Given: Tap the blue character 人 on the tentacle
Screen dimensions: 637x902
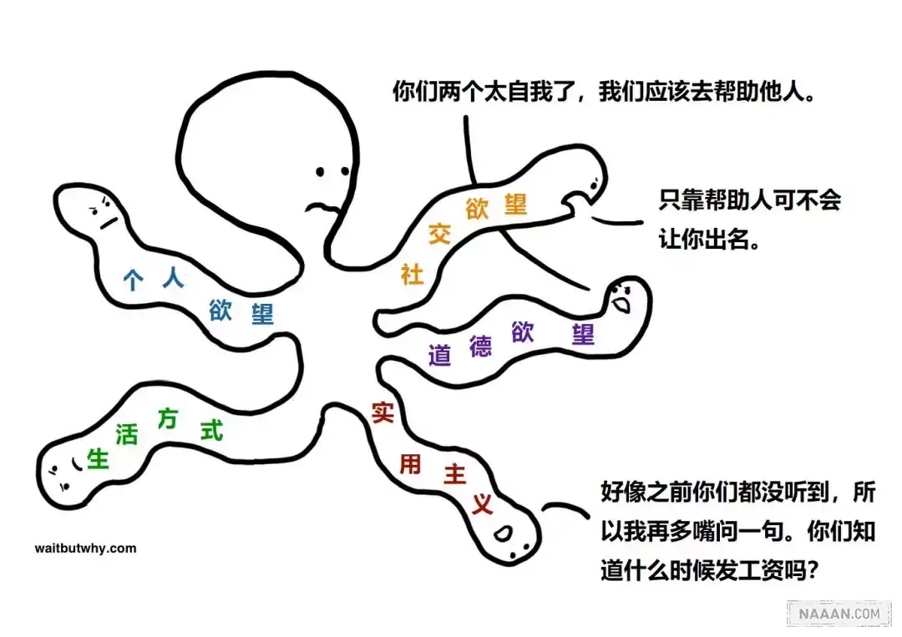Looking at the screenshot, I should coord(173,278).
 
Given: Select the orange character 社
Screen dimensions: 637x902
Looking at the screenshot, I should coord(412,273).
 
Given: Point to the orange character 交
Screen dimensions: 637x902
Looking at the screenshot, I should coord(439,234).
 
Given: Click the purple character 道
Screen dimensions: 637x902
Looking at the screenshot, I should coord(440,355).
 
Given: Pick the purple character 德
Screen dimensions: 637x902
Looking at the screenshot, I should coord(480,345).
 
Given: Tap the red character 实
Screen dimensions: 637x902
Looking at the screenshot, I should coord(382,412).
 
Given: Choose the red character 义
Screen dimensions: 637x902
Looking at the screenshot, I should coord(482,503).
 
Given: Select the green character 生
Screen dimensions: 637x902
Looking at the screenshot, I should coord(99,458).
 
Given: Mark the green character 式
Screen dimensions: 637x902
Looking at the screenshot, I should coord(212,430).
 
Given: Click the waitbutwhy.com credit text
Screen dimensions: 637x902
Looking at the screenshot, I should coord(85,549).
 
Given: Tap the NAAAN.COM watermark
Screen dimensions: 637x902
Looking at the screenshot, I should coord(839,614).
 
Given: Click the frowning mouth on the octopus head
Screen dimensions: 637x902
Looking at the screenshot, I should coord(318,205).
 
